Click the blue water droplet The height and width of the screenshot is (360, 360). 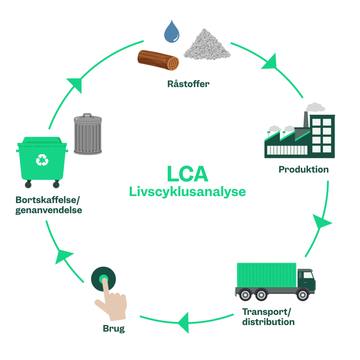pyautogui.click(x=172, y=32)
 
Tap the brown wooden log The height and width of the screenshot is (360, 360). pyautogui.click(x=158, y=60)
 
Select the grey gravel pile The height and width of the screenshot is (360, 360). pyautogui.click(x=207, y=46)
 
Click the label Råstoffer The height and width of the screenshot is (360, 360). pyautogui.click(x=188, y=84)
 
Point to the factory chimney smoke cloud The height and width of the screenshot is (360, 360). pyautogui.click(x=315, y=107)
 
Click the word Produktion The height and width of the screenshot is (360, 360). pyautogui.click(x=303, y=169)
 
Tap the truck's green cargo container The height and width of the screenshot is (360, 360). pyautogui.click(x=266, y=275)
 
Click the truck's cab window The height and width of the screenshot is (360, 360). pyautogui.click(x=308, y=275)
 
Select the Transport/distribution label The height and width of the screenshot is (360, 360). pyautogui.click(x=268, y=317)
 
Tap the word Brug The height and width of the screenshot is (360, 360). pyautogui.click(x=114, y=329)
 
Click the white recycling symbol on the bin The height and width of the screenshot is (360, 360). pyautogui.click(x=42, y=160)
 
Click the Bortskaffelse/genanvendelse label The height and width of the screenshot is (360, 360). pyautogui.click(x=49, y=205)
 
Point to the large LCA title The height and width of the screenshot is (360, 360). pyautogui.click(x=187, y=174)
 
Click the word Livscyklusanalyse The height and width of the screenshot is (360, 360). pyautogui.click(x=187, y=192)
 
